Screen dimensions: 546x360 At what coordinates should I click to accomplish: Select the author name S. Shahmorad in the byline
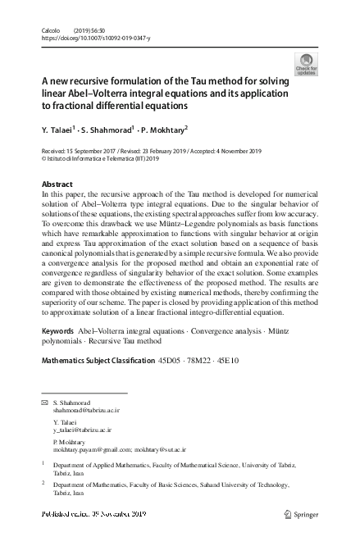coord(107,130)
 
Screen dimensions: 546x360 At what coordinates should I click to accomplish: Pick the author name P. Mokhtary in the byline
coord(164,130)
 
